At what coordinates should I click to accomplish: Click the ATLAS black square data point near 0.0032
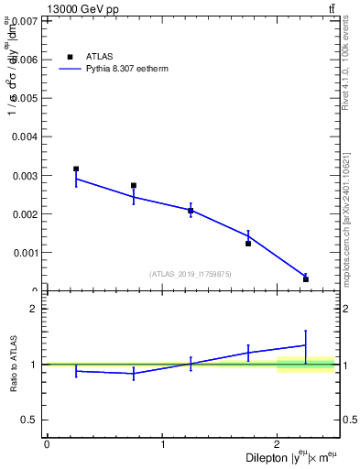click(76, 169)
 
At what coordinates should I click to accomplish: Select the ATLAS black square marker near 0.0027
click(134, 186)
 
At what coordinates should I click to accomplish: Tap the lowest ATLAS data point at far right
click(306, 279)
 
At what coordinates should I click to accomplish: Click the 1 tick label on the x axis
click(162, 443)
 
